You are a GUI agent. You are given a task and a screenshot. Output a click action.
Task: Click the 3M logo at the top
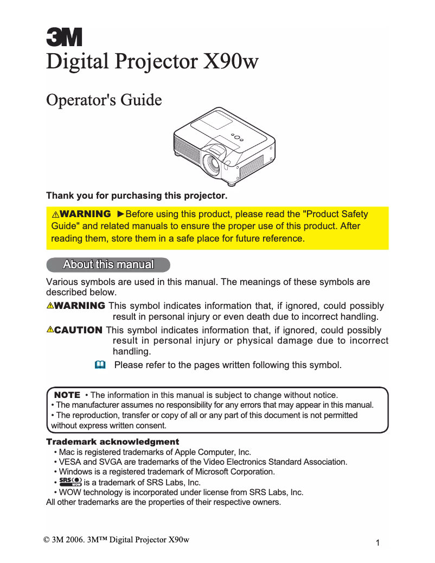coord(64,37)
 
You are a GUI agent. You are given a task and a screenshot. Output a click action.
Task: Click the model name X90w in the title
coord(230,61)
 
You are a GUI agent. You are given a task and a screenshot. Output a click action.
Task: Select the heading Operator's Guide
coord(104,100)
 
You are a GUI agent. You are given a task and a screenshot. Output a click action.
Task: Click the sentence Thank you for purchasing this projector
coord(137,195)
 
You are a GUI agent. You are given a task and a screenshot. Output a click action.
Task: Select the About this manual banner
coord(108,265)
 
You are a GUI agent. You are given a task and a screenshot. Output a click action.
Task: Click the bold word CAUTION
coord(78,330)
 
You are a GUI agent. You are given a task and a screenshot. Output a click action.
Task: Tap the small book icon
coord(99,365)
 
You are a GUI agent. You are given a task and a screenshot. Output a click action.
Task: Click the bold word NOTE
coord(67,395)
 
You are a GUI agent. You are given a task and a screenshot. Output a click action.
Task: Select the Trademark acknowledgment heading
coord(112,442)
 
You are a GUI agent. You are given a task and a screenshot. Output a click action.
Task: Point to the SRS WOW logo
coord(71,482)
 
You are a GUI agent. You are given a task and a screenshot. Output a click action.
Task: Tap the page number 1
coord(377,542)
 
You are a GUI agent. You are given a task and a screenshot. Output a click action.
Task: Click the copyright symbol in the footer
coord(46,539)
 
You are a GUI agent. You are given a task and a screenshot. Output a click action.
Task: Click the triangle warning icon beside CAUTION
coord(50,330)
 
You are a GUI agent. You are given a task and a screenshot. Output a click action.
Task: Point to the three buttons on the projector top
coord(236,137)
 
